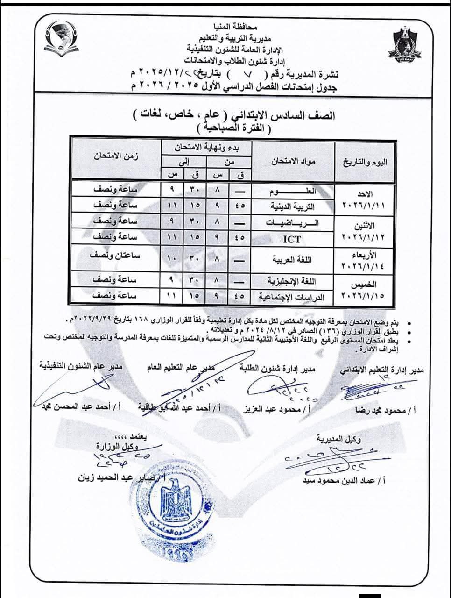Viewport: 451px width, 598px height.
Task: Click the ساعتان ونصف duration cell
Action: tap(115, 256)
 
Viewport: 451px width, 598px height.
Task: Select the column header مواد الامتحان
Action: tap(293, 162)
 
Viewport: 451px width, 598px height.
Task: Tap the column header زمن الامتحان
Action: tap(116, 156)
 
